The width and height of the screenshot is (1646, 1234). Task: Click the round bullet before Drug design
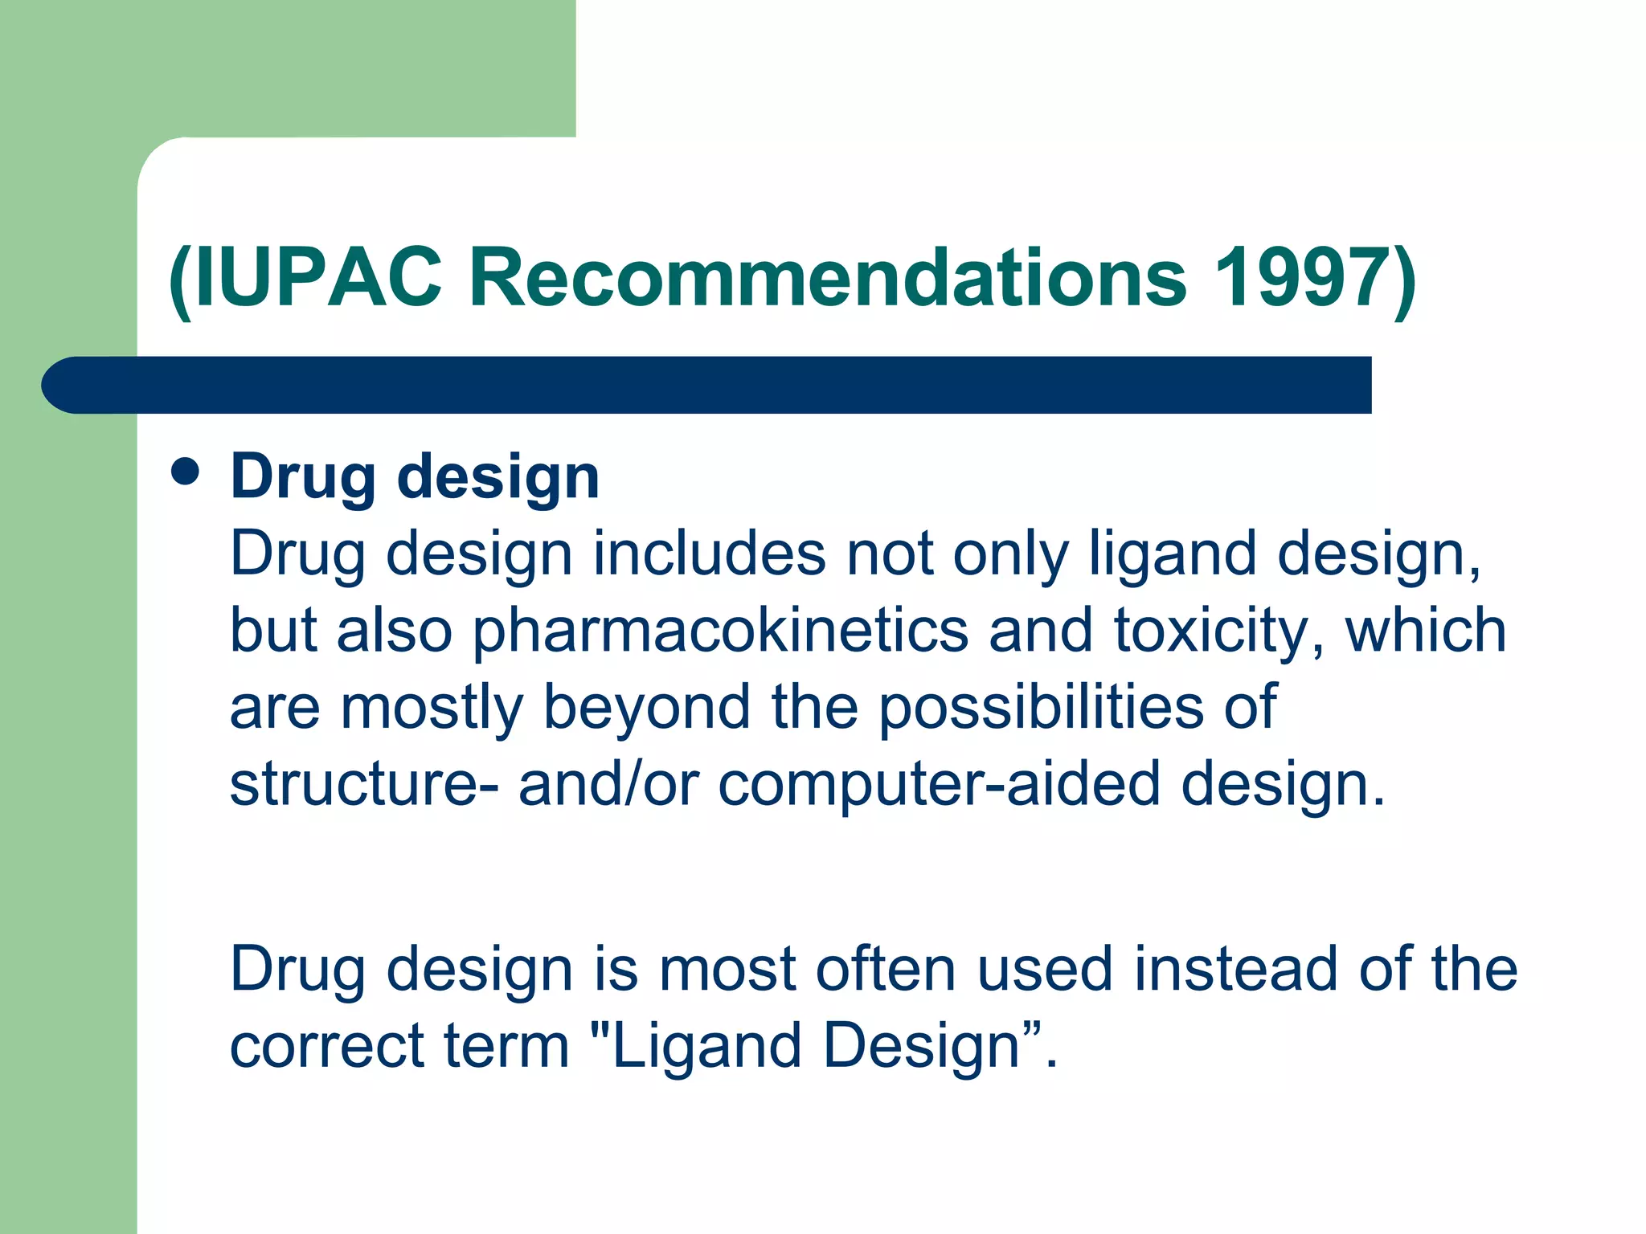[x=185, y=472]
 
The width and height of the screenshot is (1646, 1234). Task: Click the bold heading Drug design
[x=415, y=476]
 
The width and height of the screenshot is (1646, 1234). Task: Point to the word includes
[x=710, y=554]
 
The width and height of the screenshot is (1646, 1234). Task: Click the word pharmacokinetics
[x=720, y=631]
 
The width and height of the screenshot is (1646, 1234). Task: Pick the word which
[x=1426, y=631]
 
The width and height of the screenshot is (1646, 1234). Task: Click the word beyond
[x=647, y=707]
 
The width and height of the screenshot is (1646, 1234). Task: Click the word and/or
[x=608, y=784]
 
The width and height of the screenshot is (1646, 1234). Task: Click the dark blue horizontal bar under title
[x=707, y=385]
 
